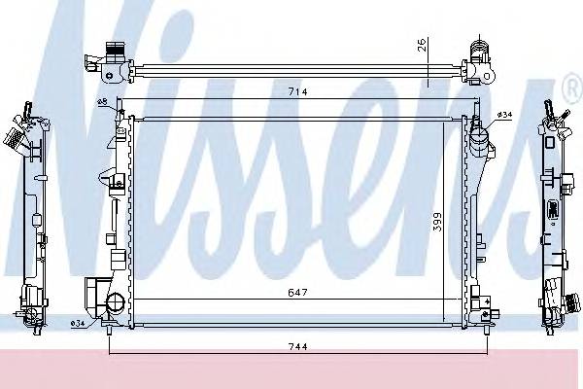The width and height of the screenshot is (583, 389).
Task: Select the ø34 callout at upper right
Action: click(x=503, y=115)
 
